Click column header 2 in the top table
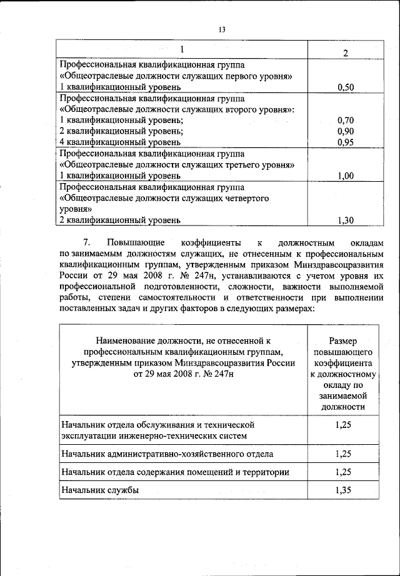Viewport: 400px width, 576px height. coord(346,52)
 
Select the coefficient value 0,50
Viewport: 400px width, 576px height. coord(346,87)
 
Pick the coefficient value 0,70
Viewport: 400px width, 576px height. coord(346,120)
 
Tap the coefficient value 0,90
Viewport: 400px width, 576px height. coord(346,131)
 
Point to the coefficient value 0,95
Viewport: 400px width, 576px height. coord(346,142)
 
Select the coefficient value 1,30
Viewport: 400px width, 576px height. coord(346,220)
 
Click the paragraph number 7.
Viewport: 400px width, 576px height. coord(87,242)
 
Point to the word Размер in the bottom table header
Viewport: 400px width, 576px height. coord(342,340)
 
